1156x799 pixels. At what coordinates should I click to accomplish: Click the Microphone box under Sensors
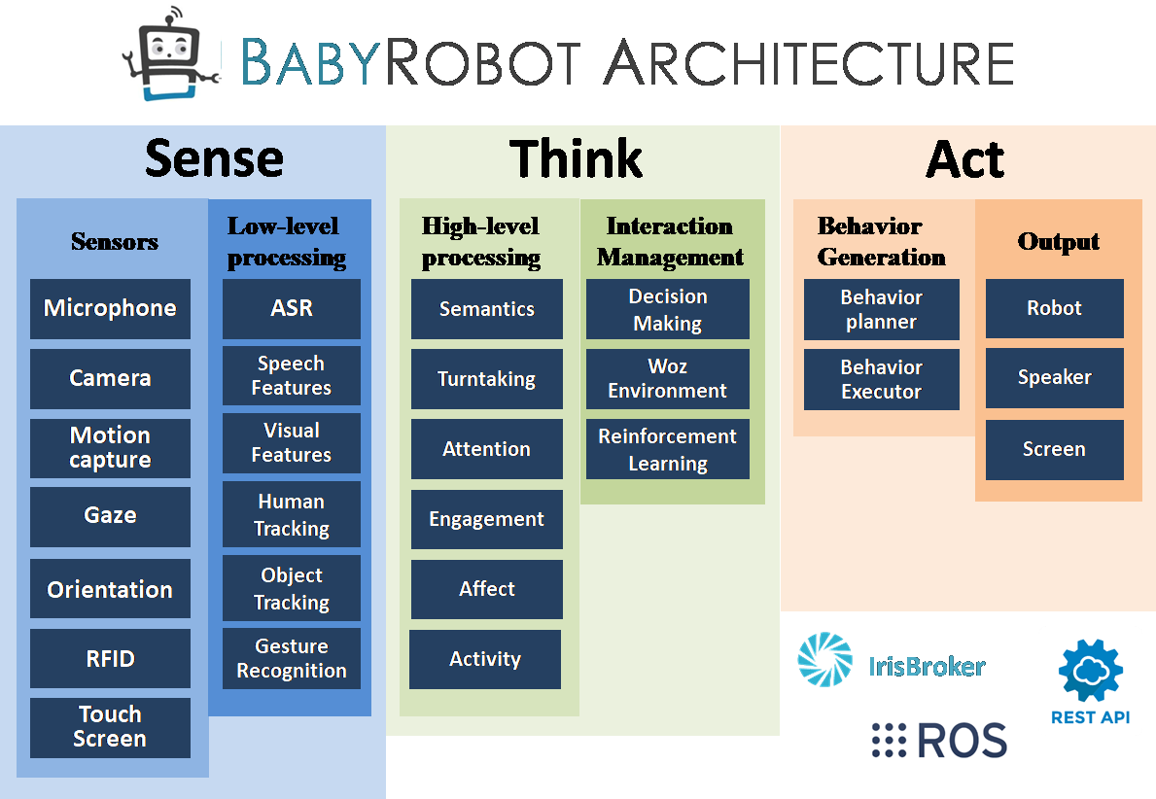[110, 309]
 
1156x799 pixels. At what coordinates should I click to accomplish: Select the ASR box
[292, 309]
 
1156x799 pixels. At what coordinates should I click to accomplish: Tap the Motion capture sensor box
[110, 448]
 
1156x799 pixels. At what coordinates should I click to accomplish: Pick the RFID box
[110, 659]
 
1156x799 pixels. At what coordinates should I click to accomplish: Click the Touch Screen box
[110, 727]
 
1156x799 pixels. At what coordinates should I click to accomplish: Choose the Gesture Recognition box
[292, 658]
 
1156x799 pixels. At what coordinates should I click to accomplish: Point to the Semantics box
[486, 309]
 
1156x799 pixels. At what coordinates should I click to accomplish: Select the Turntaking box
[486, 379]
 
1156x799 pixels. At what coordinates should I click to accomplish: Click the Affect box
[486, 589]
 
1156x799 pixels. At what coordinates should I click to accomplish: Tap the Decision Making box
[667, 309]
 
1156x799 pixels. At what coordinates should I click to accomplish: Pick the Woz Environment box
[667, 379]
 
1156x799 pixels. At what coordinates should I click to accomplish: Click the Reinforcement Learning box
[667, 450]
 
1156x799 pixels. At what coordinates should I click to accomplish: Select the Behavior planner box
[881, 309]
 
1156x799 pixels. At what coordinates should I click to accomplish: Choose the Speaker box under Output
[1054, 377]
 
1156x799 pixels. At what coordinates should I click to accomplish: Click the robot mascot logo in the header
[167, 52]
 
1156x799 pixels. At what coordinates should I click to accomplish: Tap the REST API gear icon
[1090, 672]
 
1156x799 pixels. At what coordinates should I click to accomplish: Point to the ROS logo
[942, 740]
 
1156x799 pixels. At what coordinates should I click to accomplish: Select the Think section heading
[577, 158]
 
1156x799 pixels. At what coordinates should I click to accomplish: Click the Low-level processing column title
[286, 241]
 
